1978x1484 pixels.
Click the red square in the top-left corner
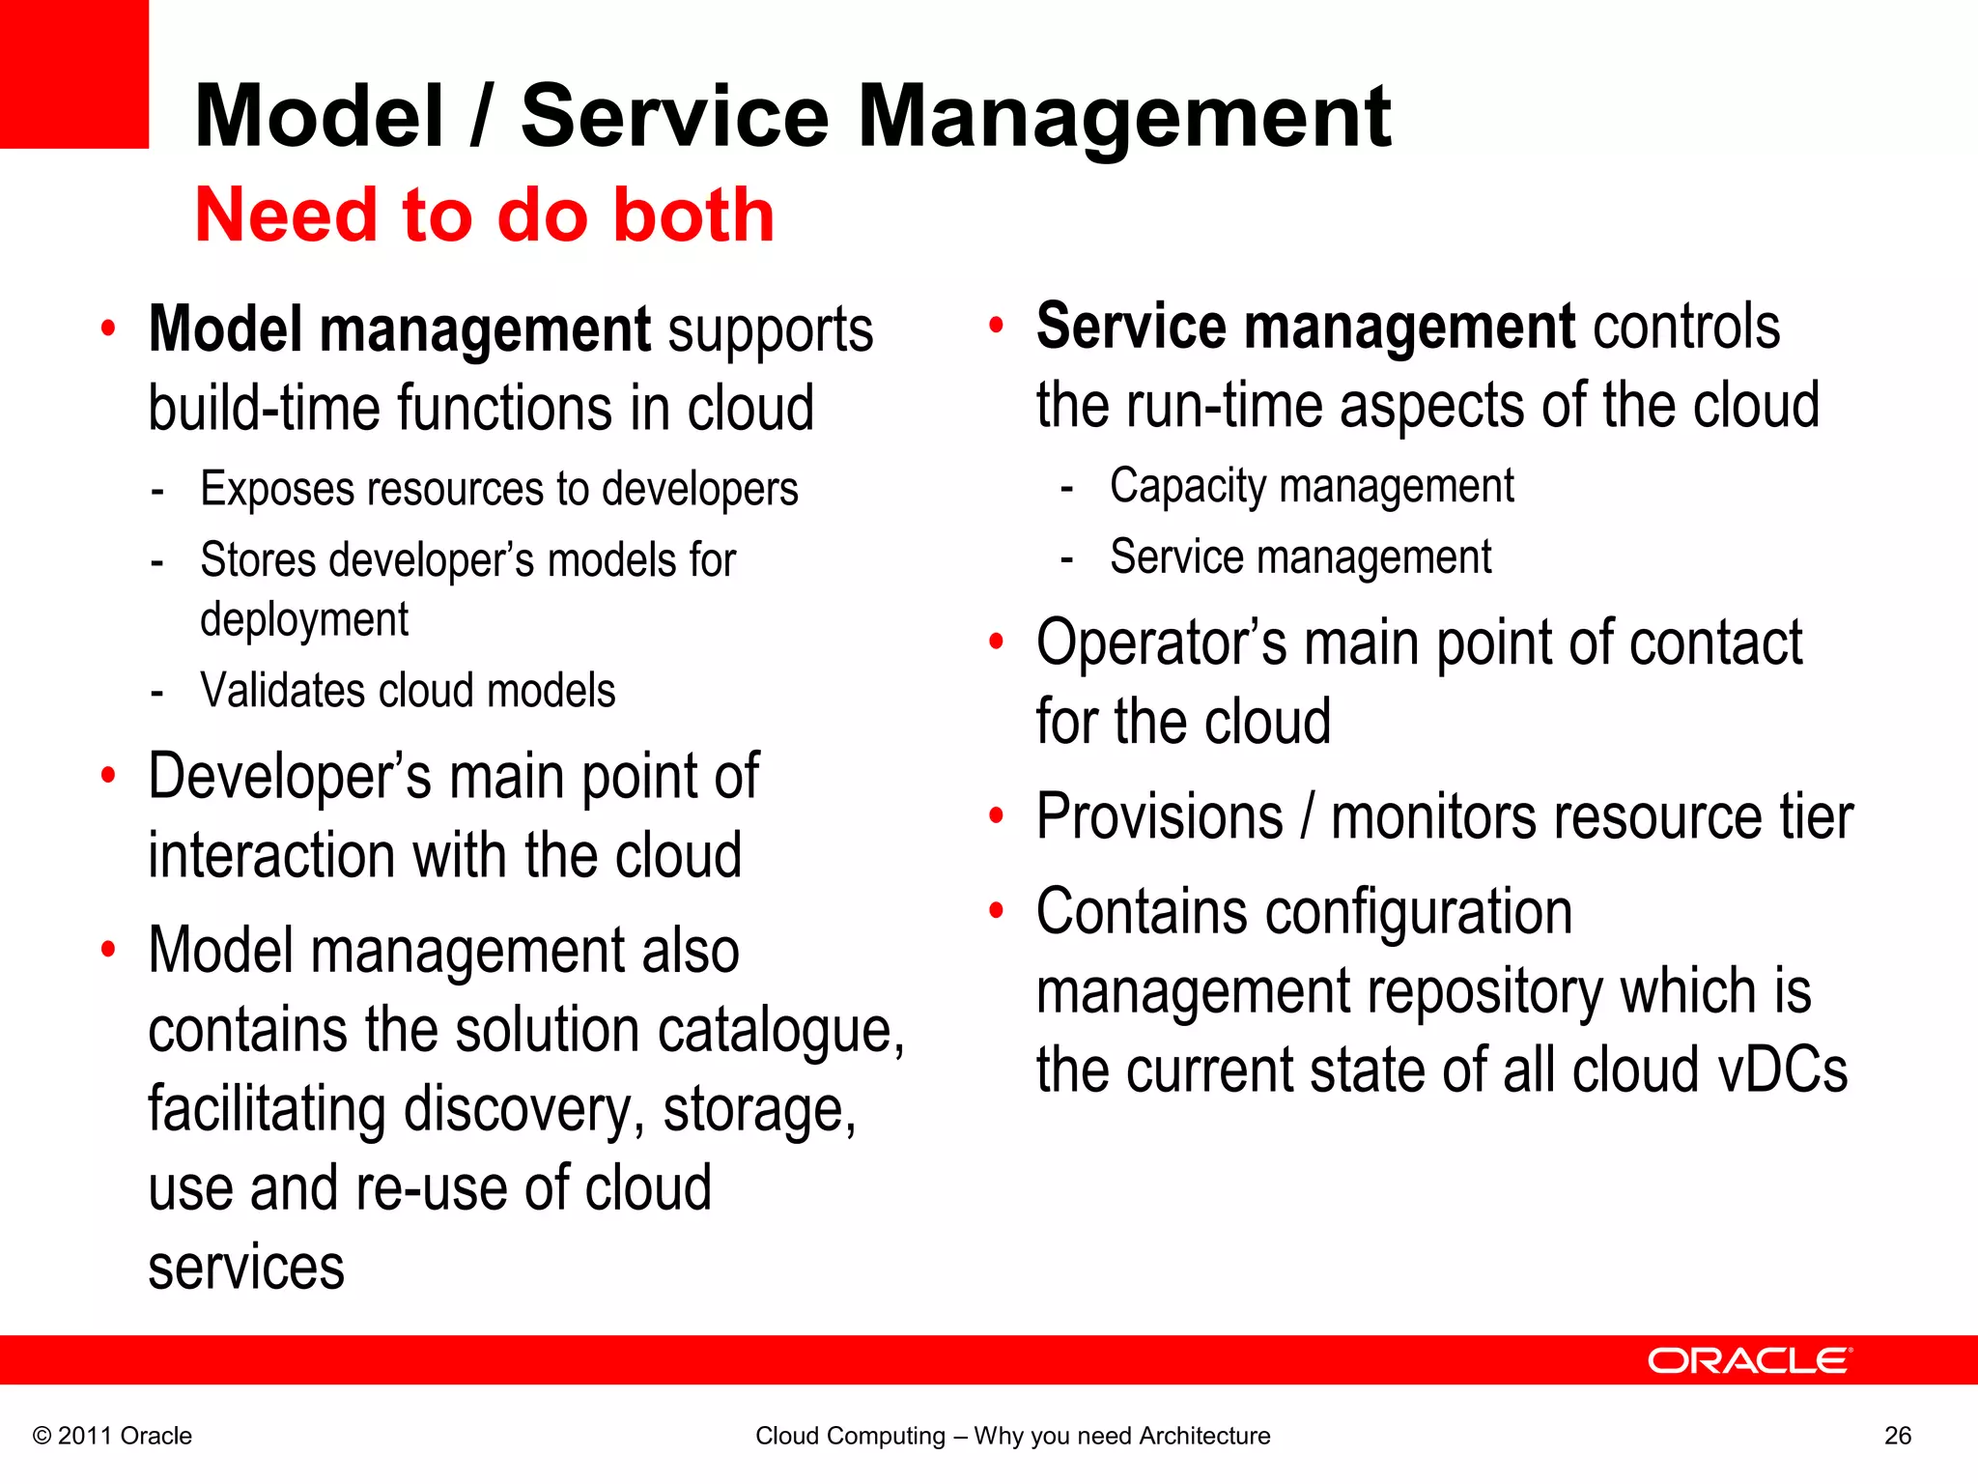point(73,73)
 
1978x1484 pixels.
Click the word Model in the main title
point(319,117)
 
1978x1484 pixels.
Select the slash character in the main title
point(479,117)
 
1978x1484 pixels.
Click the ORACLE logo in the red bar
point(1749,1360)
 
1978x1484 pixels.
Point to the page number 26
point(1897,1436)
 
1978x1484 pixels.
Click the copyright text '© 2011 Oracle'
point(112,1436)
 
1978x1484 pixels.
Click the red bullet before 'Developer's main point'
point(108,775)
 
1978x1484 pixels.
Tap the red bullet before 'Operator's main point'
point(996,642)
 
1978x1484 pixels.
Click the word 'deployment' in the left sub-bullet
point(304,620)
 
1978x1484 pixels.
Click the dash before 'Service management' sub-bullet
point(1066,559)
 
